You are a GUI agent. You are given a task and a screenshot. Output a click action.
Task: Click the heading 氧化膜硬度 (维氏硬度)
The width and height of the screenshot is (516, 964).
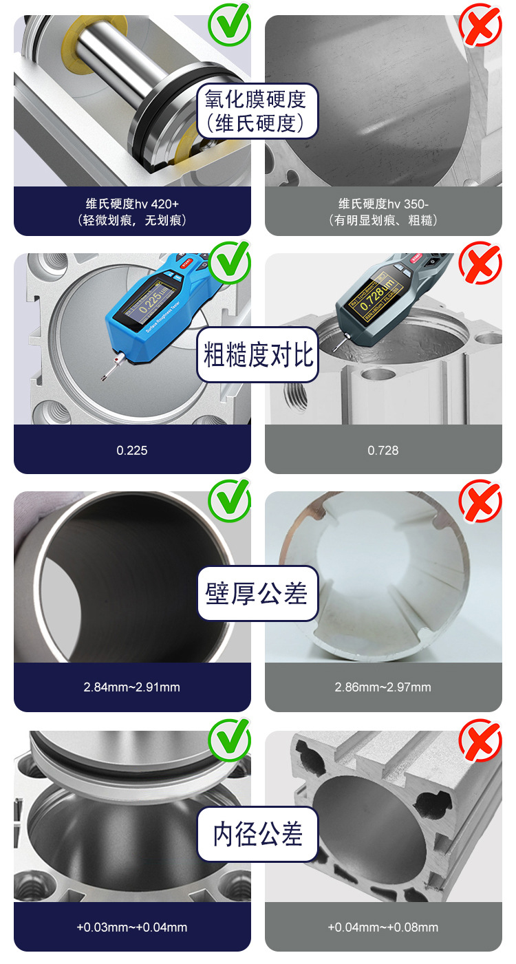[258, 111]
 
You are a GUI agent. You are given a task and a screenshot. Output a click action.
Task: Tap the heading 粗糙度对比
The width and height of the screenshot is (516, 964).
[258, 355]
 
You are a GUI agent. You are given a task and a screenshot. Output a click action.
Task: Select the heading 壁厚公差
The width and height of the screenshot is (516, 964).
[258, 593]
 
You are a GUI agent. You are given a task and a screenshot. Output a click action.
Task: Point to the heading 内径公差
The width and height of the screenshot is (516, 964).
[258, 834]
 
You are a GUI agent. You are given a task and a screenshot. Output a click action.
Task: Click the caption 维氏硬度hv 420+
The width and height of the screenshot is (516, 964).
[132, 204]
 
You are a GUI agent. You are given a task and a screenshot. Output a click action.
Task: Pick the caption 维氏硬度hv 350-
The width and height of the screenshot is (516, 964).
[383, 204]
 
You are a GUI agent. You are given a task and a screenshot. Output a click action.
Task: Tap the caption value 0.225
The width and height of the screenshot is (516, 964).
[132, 450]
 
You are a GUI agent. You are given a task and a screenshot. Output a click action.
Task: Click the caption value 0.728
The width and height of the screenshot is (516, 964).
[383, 450]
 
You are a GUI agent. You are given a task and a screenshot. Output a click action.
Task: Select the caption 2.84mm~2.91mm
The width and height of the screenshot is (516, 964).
[132, 687]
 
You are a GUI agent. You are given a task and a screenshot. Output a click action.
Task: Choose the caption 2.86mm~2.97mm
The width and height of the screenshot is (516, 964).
[383, 687]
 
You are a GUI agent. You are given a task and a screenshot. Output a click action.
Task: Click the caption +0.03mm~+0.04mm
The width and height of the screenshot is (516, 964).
[132, 927]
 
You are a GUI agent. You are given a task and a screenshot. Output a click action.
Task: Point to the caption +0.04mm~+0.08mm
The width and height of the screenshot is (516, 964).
[383, 927]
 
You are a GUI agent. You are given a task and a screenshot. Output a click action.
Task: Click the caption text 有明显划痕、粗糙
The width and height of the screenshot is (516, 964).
[383, 220]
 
